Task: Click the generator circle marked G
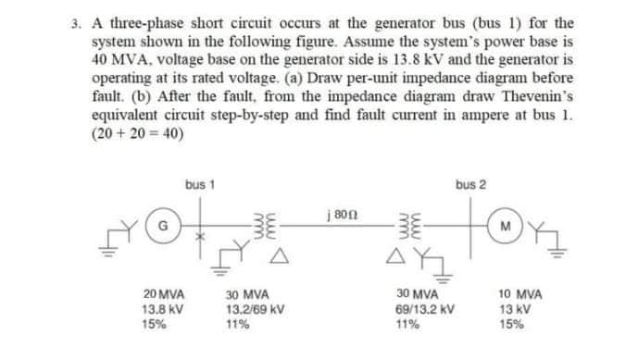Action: pyautogui.click(x=163, y=224)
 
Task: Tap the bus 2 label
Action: pyautogui.click(x=469, y=184)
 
